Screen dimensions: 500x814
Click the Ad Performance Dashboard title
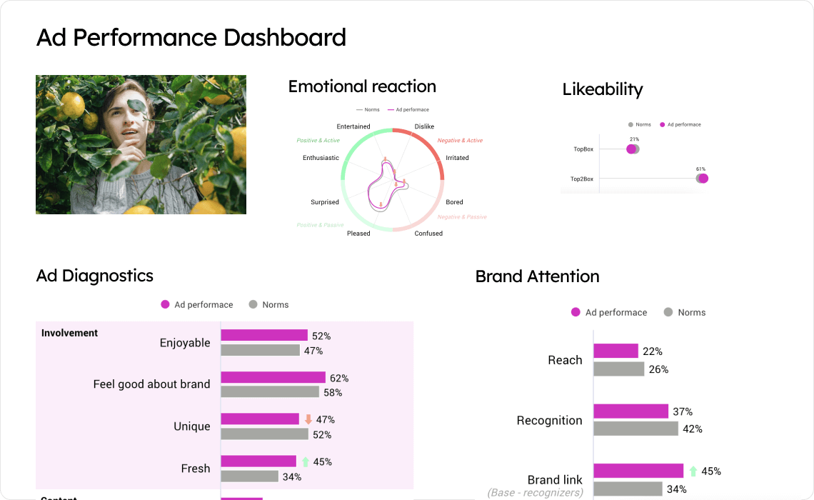[x=191, y=37]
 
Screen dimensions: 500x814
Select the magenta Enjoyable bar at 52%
[x=264, y=335]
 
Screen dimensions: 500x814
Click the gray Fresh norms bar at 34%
[x=249, y=476]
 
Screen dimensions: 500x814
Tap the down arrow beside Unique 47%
[x=308, y=419]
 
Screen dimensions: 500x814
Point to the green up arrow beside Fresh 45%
[x=306, y=461]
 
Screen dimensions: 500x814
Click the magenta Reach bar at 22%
[x=615, y=351]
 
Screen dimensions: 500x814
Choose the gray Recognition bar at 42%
[x=635, y=429]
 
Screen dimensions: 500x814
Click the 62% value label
[x=339, y=378]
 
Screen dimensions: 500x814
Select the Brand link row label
[x=555, y=480]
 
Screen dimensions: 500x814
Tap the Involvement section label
[x=69, y=333]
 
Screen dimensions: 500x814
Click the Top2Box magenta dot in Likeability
[x=703, y=179]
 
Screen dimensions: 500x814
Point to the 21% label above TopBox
[x=634, y=139]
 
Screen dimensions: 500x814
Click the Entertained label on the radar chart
[x=353, y=126]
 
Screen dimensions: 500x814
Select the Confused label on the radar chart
[x=428, y=234]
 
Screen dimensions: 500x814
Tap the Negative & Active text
[x=460, y=141]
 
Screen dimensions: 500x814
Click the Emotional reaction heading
[x=362, y=86]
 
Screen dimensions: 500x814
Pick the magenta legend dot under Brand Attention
[x=576, y=312]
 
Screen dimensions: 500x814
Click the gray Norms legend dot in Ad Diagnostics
[x=253, y=304]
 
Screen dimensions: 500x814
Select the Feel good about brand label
[x=151, y=384]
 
